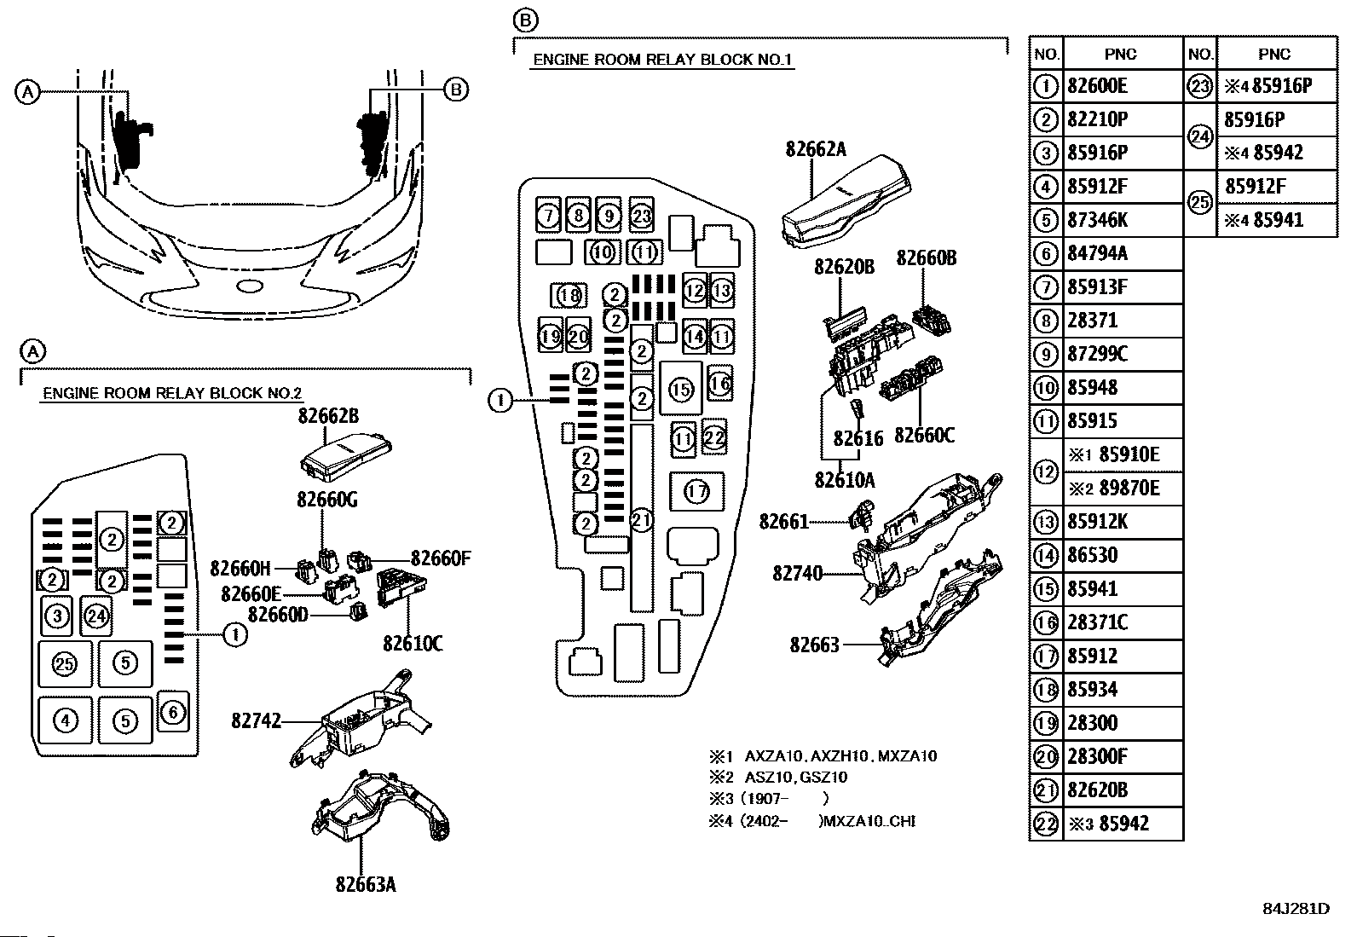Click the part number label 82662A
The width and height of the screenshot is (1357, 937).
tap(815, 150)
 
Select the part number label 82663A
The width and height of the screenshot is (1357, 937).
tap(366, 884)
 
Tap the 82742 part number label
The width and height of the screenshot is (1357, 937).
tap(256, 721)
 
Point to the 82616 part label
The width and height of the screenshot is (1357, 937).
tap(858, 438)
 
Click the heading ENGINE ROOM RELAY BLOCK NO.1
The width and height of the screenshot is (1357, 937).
tap(662, 60)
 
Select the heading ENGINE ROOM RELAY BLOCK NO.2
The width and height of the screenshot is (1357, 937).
tap(172, 394)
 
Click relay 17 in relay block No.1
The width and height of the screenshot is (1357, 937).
tap(696, 492)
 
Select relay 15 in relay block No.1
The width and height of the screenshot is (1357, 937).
tap(681, 390)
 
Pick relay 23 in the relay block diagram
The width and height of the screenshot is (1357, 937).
tap(641, 216)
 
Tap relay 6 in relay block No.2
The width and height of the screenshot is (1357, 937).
tap(173, 712)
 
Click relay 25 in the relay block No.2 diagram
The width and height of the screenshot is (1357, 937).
tap(65, 662)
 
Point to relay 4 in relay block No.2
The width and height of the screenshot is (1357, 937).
tap(65, 721)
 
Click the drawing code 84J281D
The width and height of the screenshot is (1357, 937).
tap(1296, 909)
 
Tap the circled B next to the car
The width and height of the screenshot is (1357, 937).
tap(457, 90)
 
